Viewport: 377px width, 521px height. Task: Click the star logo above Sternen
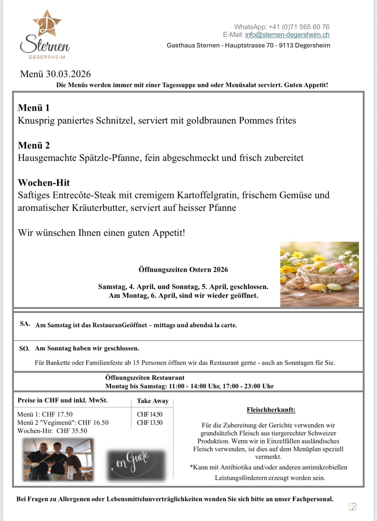tap(47, 24)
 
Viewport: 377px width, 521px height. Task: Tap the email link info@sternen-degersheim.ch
tap(287, 35)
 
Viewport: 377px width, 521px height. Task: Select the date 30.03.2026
tap(68, 74)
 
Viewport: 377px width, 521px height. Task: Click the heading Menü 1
tap(33, 108)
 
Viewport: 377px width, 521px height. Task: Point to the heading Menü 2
tap(34, 145)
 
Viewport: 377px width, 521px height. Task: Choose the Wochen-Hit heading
tap(44, 182)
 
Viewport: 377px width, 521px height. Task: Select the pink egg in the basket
tap(337, 266)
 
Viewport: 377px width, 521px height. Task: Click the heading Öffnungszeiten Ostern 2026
tap(183, 269)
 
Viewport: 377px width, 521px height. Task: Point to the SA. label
tap(25, 324)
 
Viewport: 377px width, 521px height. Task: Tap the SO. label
tap(24, 349)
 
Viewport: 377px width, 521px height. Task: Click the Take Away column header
tap(152, 401)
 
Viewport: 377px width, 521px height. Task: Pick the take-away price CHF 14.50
tap(149, 414)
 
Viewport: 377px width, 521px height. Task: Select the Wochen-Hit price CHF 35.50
tap(72, 431)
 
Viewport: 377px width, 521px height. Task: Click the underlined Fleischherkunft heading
tap(271, 410)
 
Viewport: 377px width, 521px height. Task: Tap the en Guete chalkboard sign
tap(135, 465)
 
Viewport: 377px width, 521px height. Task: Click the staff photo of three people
tap(58, 460)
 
